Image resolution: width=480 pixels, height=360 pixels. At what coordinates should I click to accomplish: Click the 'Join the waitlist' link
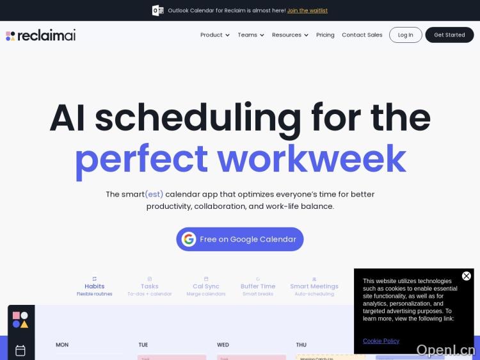pos(307,10)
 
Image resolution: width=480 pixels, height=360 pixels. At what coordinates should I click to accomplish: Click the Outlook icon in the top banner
pos(157,10)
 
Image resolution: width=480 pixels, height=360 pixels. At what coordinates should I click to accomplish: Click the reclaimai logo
pos(41,35)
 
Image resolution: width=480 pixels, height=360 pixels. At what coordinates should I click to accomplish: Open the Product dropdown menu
pos(214,35)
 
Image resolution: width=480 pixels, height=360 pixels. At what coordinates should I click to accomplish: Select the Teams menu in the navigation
pos(250,35)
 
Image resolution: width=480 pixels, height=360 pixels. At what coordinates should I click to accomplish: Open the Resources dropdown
pos(289,35)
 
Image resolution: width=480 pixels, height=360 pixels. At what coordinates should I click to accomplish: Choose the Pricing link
pos(325,35)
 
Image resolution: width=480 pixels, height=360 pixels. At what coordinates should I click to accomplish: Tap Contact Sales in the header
pos(362,35)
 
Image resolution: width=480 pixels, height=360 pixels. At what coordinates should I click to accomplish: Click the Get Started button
pos(449,35)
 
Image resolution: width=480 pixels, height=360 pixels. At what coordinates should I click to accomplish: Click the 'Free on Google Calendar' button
pos(240,239)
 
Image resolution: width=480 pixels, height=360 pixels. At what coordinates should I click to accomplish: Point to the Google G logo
pos(189,239)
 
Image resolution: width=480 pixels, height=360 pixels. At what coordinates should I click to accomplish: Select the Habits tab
pos(95,286)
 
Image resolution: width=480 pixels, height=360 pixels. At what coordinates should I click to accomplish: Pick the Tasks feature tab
pos(149,286)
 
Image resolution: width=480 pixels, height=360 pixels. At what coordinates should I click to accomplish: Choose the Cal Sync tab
pos(206,286)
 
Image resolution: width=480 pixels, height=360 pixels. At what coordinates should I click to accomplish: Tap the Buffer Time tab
pos(258,286)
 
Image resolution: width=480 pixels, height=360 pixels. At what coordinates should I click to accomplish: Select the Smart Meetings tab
pos(314,286)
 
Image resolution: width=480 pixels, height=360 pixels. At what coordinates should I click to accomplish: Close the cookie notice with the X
pos(467,276)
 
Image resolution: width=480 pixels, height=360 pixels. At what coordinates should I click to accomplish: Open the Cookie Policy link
pos(381,341)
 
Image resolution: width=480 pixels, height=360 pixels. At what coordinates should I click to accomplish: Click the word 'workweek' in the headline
pos(311,159)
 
